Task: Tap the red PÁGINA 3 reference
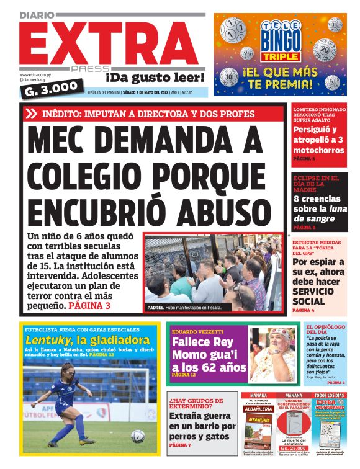tap(89, 305)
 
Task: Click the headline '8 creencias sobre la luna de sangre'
tap(318, 208)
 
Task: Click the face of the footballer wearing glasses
tap(66, 375)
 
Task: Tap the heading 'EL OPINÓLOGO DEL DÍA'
tap(325, 330)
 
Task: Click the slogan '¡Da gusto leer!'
tap(155, 78)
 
